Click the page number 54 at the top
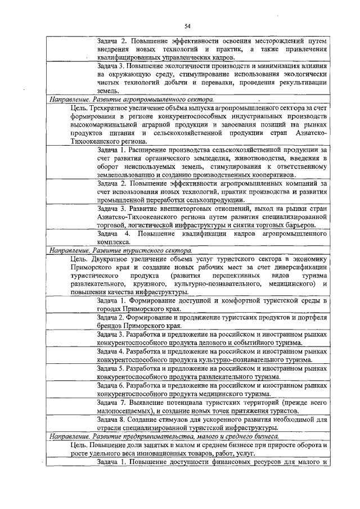[187, 25]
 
